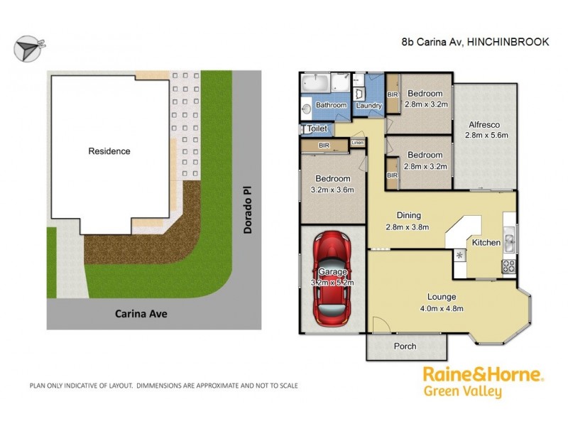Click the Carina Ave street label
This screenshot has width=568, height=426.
[141, 313]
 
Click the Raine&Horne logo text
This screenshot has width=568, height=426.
[484, 374]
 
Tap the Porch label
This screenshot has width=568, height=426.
[405, 346]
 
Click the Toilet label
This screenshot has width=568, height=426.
[317, 129]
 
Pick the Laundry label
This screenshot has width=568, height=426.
[369, 106]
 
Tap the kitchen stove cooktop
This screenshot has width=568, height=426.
[509, 267]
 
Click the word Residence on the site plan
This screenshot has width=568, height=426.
[109, 151]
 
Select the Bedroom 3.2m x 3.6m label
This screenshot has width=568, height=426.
[332, 184]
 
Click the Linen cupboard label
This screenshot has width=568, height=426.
[357, 143]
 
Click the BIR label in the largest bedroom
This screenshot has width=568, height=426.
[324, 145]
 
